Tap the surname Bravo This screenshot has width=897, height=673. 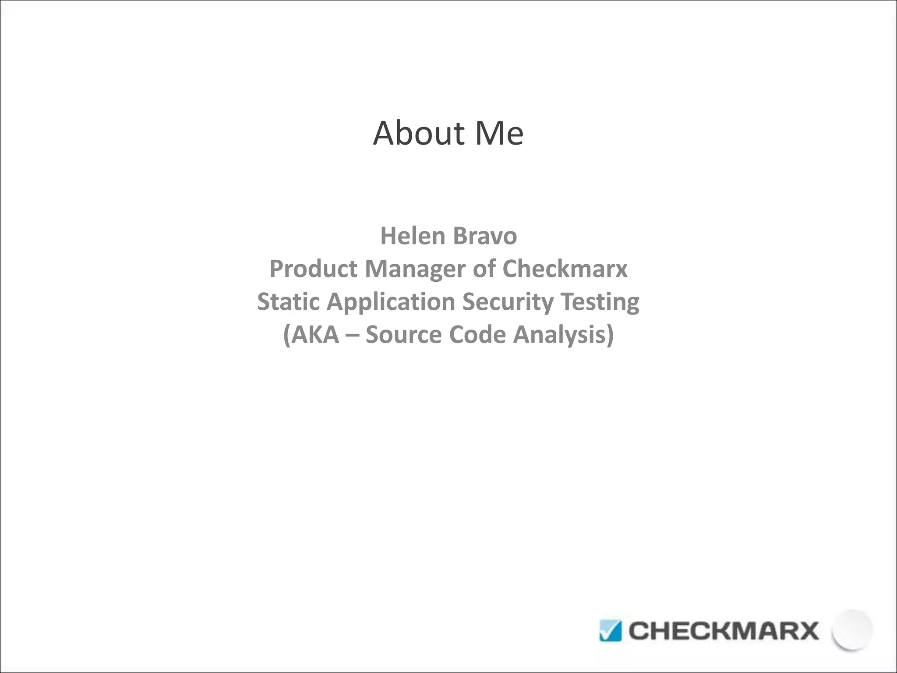[485, 236]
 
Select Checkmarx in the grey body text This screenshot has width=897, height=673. [565, 269]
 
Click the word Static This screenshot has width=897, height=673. [289, 302]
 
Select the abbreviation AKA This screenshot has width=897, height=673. [314, 335]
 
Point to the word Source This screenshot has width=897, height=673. [403, 335]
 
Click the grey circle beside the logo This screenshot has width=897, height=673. [852, 629]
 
